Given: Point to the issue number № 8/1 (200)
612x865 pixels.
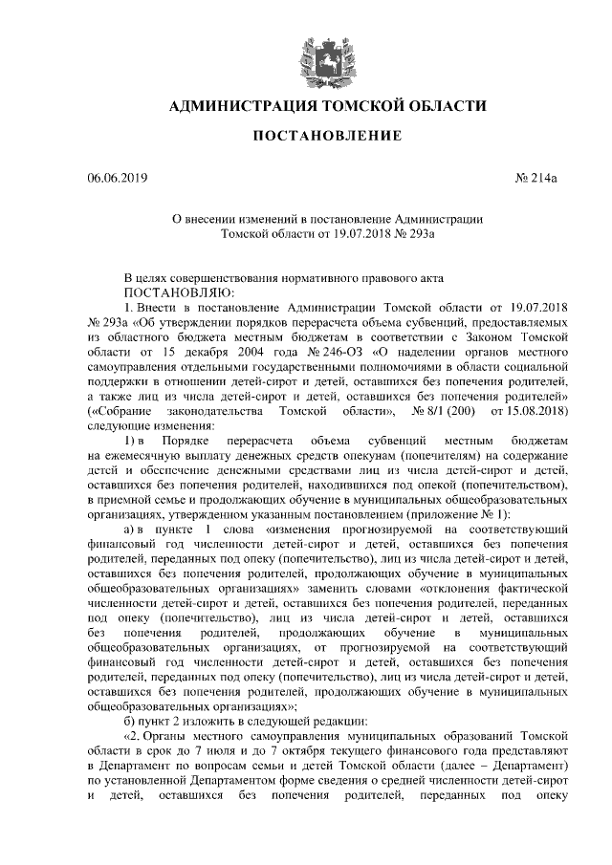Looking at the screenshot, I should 444,411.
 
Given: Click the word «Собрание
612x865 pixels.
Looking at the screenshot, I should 120,411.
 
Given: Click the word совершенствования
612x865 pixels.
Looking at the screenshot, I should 221,276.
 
